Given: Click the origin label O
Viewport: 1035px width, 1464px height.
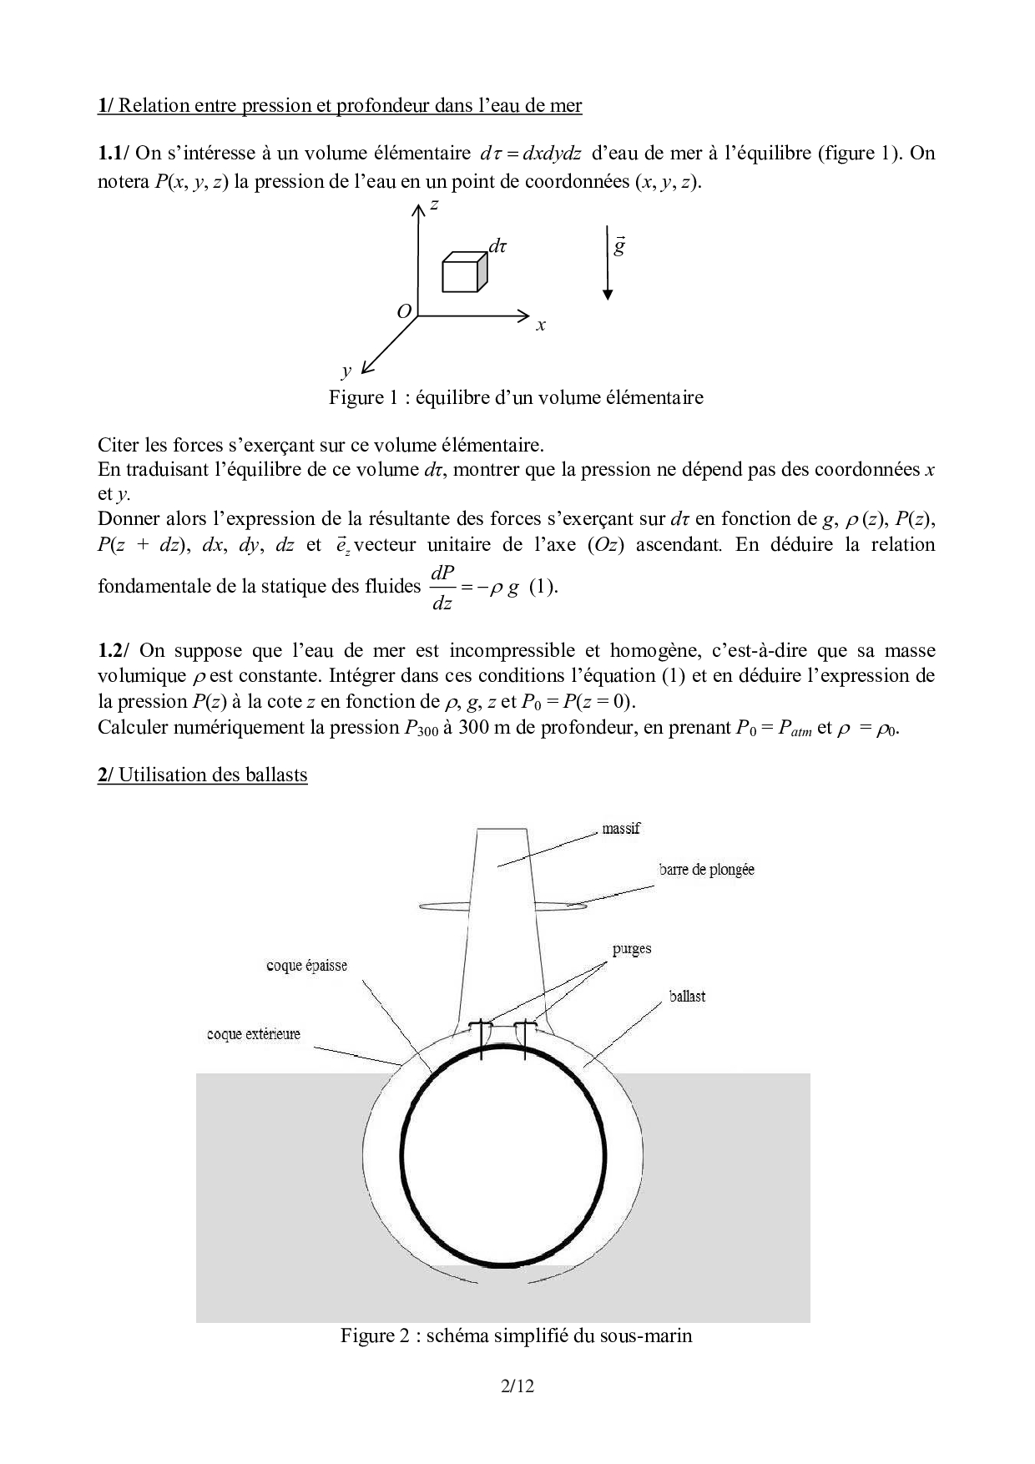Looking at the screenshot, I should tap(404, 311).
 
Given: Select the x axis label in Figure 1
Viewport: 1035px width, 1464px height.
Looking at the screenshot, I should tap(541, 326).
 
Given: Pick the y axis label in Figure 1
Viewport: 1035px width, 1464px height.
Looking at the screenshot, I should tap(346, 370).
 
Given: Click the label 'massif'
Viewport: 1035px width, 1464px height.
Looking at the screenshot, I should tap(621, 829).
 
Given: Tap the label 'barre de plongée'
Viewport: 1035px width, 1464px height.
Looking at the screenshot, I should tap(706, 870).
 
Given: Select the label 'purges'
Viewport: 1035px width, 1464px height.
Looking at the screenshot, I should tap(631, 949).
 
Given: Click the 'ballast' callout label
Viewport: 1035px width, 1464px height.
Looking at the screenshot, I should tap(687, 997).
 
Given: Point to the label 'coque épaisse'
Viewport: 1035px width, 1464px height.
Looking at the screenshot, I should tap(306, 966).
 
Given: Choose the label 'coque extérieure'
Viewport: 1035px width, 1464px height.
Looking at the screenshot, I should tap(253, 1034).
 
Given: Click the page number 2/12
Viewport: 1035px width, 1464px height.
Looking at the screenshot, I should tap(517, 1386).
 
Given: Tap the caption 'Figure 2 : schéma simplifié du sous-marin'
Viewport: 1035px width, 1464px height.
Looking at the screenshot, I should tap(516, 1335).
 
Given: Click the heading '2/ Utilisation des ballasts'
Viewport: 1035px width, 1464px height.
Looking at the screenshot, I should tap(203, 775).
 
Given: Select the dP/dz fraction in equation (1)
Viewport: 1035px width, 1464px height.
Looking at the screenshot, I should tap(442, 586).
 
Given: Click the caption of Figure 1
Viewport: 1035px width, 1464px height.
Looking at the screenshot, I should tap(516, 397).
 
